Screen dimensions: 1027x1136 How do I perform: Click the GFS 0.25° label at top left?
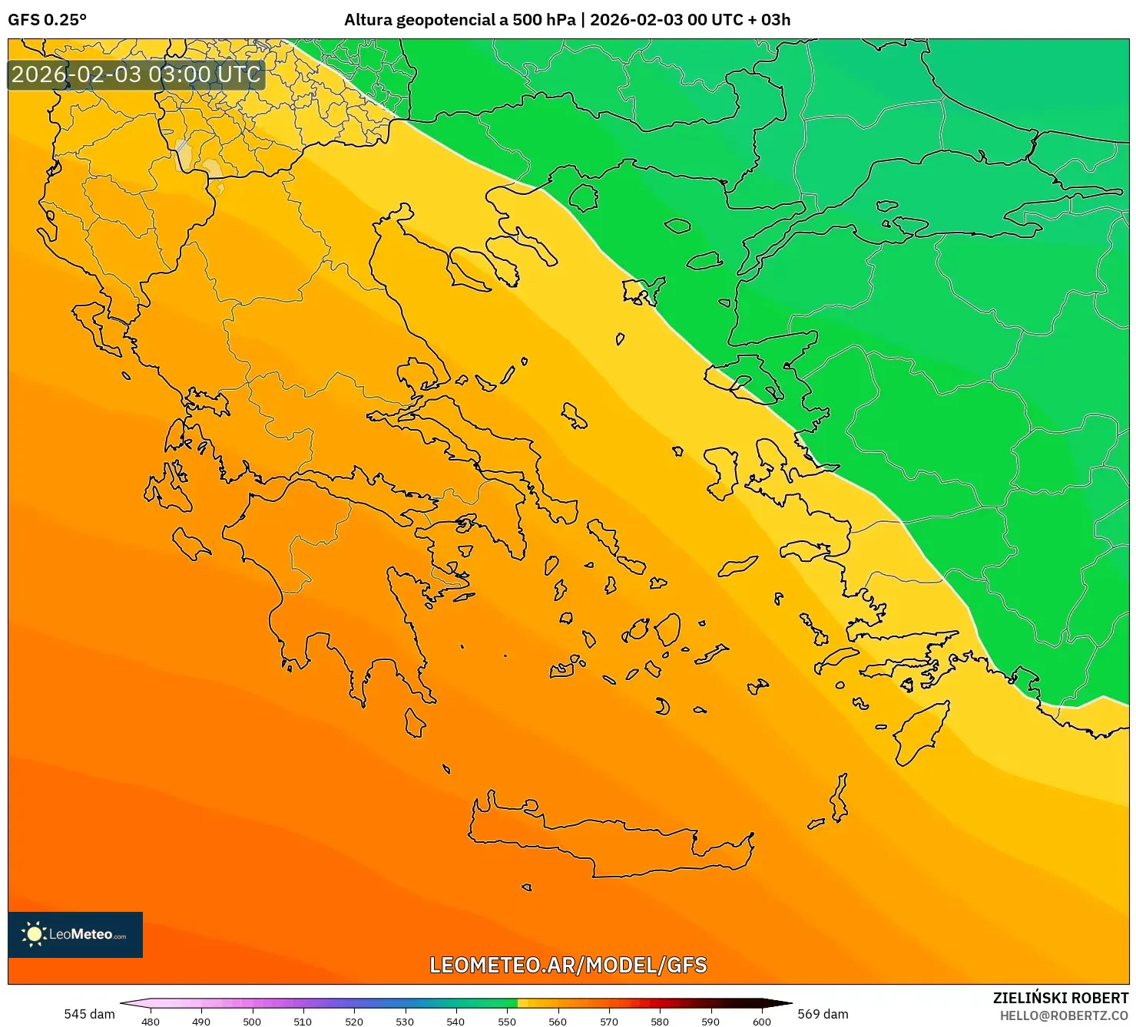[48, 20]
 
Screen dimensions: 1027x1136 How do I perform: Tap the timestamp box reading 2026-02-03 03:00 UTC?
[137, 75]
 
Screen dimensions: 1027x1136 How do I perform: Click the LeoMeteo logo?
[75, 934]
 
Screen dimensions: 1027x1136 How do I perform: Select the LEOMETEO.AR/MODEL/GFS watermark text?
[568, 965]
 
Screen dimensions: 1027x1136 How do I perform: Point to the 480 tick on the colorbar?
[151, 1021]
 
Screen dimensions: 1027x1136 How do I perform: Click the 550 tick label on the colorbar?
[507, 1021]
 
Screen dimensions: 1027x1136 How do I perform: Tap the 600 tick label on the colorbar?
[761, 1021]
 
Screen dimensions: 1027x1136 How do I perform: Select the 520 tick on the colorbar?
[354, 1021]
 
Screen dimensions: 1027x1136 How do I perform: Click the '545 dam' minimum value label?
[89, 1014]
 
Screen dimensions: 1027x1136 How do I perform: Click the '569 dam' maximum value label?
[823, 1014]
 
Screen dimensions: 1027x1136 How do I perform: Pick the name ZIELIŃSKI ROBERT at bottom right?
[1061, 999]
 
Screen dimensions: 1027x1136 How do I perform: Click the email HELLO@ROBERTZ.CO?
[1064, 1015]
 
